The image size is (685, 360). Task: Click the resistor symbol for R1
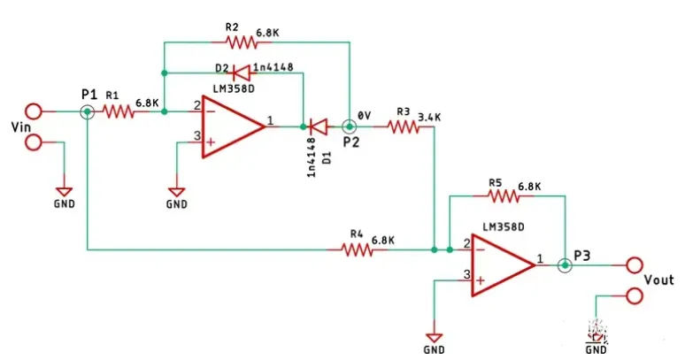click(x=118, y=111)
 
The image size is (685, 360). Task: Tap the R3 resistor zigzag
click(x=404, y=127)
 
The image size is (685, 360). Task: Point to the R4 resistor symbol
click(x=358, y=250)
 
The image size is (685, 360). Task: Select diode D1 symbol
click(x=320, y=127)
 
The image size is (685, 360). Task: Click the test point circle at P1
click(x=88, y=111)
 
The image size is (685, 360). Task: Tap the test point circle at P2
click(x=350, y=127)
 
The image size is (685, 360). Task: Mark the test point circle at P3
click(x=564, y=264)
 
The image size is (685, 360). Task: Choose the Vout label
click(x=658, y=280)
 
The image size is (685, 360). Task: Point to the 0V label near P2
click(x=365, y=115)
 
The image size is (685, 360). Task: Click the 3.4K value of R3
click(x=429, y=113)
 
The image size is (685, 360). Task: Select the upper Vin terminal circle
click(x=34, y=111)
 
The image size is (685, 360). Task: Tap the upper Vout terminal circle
click(x=633, y=264)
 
